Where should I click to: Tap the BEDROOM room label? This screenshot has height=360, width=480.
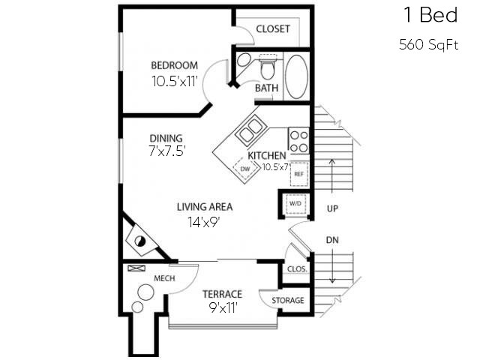[x=174, y=65]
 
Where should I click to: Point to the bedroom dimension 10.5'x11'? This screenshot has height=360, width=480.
[x=174, y=81]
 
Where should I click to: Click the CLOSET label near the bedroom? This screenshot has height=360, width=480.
[x=273, y=29]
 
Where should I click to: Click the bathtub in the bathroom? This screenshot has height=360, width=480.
[x=297, y=76]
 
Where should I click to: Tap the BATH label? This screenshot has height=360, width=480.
[x=266, y=88]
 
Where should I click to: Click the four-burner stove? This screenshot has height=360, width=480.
[x=299, y=141]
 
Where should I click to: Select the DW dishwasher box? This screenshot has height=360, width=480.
[x=245, y=169]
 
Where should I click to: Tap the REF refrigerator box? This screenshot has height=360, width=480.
[x=298, y=173]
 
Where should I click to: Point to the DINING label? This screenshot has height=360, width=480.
[x=166, y=138]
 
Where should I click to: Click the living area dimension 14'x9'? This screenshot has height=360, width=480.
[x=204, y=221]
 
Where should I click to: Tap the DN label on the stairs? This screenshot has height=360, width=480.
[x=332, y=240]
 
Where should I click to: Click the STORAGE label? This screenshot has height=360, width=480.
[x=288, y=300]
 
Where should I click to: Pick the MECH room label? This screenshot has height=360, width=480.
[x=163, y=278]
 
